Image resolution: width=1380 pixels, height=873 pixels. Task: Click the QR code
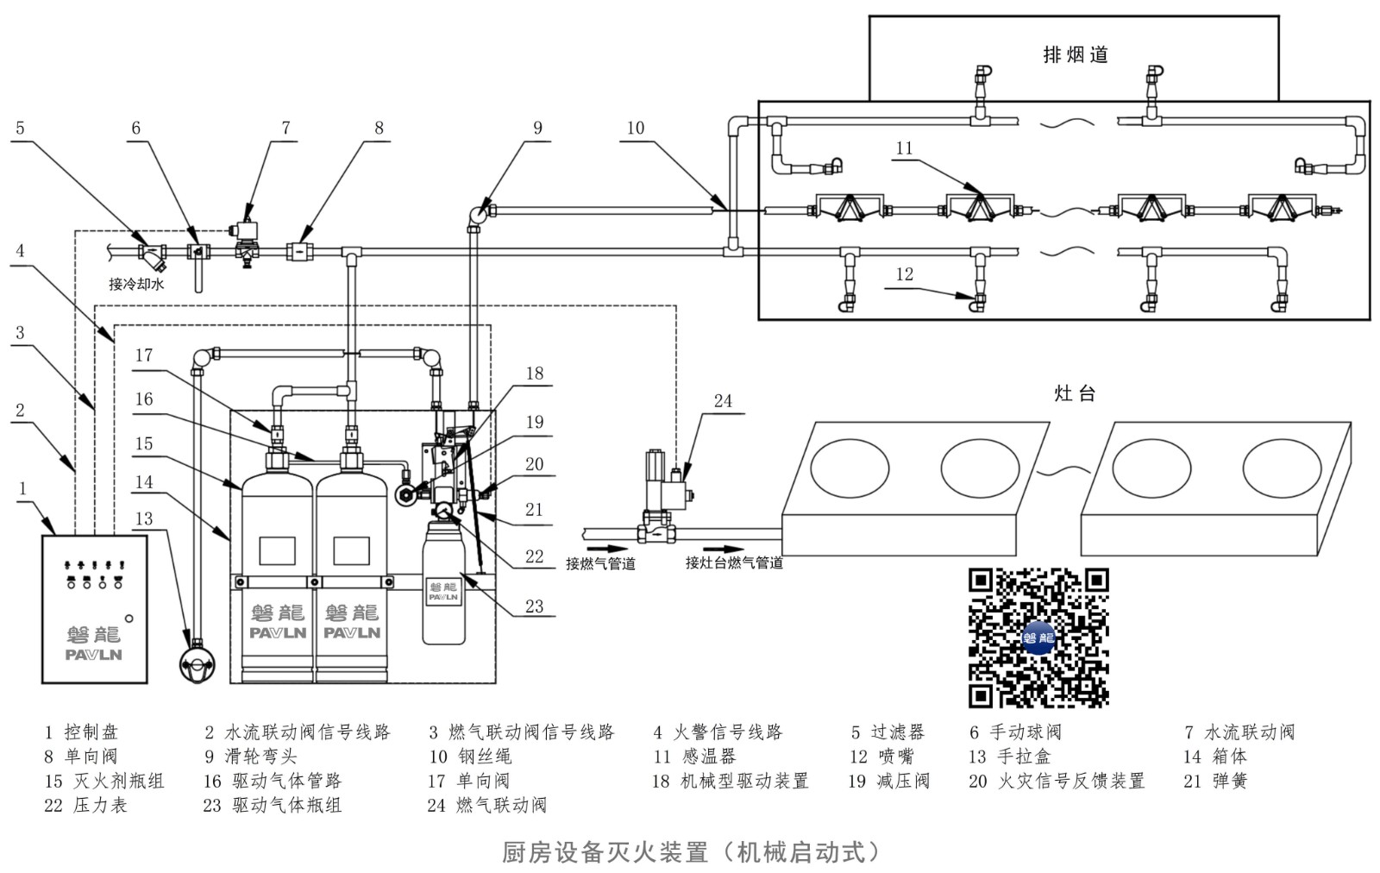click(x=1038, y=637)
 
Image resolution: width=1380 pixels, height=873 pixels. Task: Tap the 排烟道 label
click(x=1075, y=54)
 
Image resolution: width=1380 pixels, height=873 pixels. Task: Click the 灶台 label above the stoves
click(x=1075, y=394)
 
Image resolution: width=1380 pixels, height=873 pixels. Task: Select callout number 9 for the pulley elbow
click(x=537, y=128)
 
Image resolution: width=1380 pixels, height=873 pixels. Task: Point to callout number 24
click(x=723, y=400)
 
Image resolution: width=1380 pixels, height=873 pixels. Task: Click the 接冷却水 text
click(x=136, y=283)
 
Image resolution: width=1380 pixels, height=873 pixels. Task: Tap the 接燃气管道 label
click(x=600, y=563)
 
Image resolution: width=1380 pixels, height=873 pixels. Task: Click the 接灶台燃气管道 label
click(x=734, y=562)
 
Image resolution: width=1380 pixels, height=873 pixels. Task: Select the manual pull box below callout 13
click(x=199, y=665)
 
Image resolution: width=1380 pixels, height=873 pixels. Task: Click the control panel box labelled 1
click(x=95, y=609)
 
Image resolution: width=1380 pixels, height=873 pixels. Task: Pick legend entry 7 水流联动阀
click(x=1239, y=732)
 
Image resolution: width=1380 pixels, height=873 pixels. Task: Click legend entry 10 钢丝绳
click(x=470, y=757)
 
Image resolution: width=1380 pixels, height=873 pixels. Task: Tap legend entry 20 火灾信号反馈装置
click(x=1057, y=781)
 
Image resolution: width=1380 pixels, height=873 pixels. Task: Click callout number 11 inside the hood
click(x=904, y=148)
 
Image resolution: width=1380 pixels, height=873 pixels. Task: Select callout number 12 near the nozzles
click(x=904, y=274)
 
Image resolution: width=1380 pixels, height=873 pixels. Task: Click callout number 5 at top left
click(x=20, y=128)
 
